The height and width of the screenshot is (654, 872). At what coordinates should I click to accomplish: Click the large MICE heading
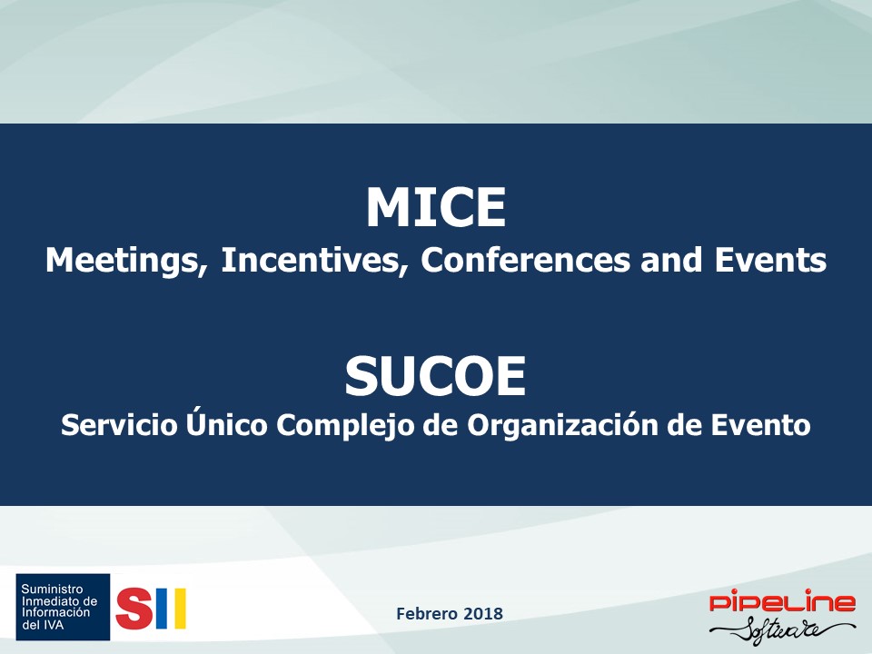(435, 207)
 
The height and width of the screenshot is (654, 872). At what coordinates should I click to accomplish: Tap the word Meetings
(126, 261)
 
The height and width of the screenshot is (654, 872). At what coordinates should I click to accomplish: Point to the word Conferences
(526, 260)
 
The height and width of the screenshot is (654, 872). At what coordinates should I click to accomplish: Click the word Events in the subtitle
(770, 260)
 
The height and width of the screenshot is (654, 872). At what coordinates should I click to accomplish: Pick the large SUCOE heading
(435, 376)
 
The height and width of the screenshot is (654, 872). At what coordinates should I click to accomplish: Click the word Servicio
(119, 425)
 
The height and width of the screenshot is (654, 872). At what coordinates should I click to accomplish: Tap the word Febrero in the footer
(427, 613)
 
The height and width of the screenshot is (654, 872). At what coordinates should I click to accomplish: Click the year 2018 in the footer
(483, 613)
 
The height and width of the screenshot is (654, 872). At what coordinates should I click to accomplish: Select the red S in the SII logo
(134, 609)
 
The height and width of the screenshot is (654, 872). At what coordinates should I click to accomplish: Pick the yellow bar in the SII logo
(179, 609)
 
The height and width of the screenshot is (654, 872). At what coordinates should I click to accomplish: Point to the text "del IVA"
(43, 625)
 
